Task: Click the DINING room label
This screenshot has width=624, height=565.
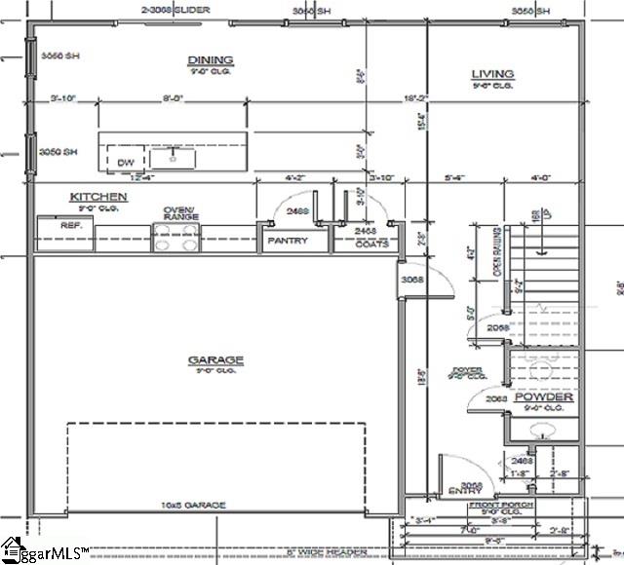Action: [x=211, y=60]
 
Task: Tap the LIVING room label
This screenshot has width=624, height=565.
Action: [x=492, y=74]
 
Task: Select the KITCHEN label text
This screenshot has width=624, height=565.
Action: [x=97, y=197]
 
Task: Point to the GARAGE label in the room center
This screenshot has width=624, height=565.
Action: [x=215, y=360]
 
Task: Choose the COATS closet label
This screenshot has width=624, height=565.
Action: [x=370, y=244]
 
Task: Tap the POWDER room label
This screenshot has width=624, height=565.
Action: [x=543, y=397]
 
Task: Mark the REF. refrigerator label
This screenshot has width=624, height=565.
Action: [x=71, y=225]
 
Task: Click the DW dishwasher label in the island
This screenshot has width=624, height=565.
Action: [x=125, y=162]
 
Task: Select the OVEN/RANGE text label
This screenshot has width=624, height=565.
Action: [x=179, y=213]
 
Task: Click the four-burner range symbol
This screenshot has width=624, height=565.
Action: [x=176, y=236]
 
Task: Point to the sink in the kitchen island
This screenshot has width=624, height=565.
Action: [x=176, y=155]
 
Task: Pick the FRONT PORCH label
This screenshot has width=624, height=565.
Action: [x=497, y=507]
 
